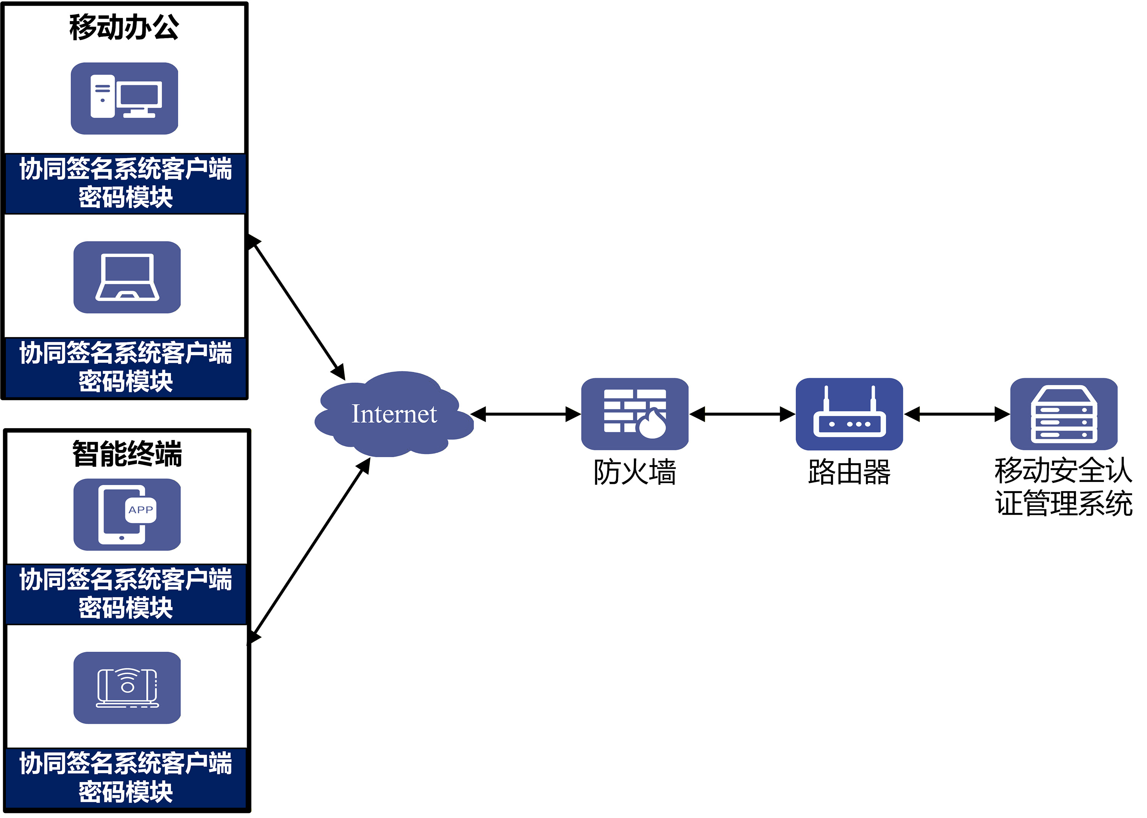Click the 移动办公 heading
click(x=124, y=27)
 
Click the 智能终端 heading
click(x=127, y=453)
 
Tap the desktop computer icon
click(x=124, y=98)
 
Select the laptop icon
click(x=127, y=277)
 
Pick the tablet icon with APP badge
click(x=127, y=514)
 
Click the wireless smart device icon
click(x=127, y=688)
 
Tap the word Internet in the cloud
click(x=394, y=414)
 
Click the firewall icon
click(x=635, y=414)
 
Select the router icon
click(x=849, y=414)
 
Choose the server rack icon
click(x=1064, y=414)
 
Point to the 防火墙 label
click(x=635, y=472)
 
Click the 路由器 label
click(x=849, y=472)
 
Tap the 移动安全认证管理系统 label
click(x=1064, y=487)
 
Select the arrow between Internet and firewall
click(x=526, y=414)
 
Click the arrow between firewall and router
click(x=742, y=414)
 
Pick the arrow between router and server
click(x=957, y=414)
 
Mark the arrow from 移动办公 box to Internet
click(x=297, y=307)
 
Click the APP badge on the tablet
click(x=141, y=510)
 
